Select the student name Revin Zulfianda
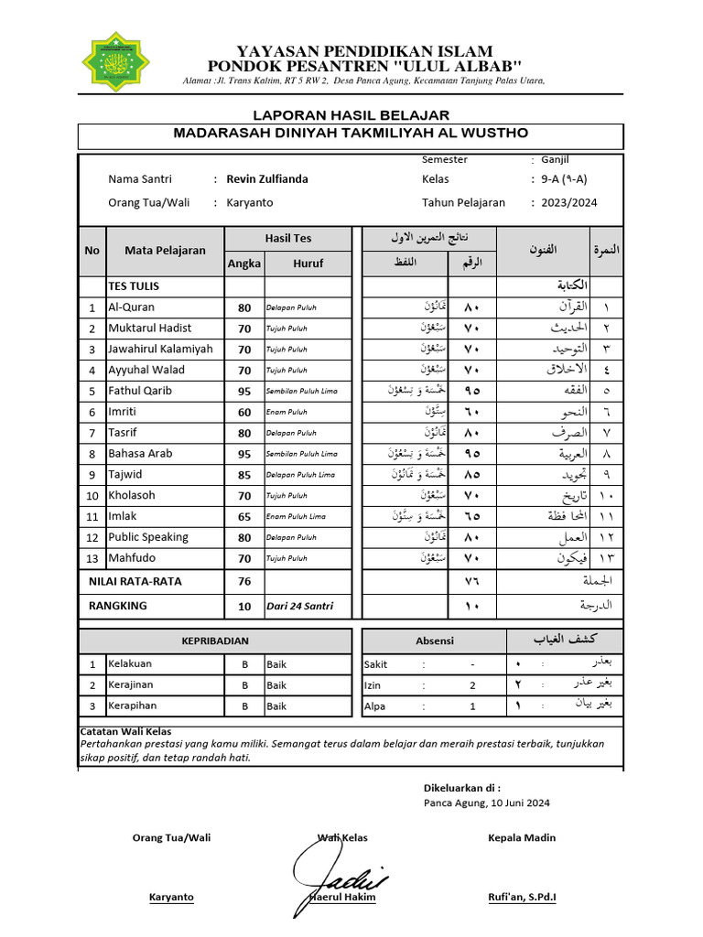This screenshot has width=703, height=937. tap(266, 179)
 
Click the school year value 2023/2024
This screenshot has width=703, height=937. tap(568, 203)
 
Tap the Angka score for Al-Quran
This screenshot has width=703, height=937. tap(244, 308)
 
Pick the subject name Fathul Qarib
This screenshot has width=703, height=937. tap(139, 391)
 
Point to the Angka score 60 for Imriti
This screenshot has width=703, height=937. tap(244, 413)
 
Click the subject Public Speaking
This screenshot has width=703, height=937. tap(147, 537)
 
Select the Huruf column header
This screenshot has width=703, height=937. tap(308, 264)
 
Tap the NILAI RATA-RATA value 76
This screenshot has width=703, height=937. tap(244, 581)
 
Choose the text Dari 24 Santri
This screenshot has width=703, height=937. tap(300, 606)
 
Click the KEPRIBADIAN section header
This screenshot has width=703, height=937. tap(214, 641)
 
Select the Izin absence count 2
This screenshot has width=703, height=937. tap(472, 684)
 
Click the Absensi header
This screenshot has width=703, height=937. tap(434, 641)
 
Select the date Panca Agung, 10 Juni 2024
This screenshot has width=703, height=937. tap(486, 803)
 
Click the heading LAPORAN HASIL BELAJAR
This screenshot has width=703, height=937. tap(351, 114)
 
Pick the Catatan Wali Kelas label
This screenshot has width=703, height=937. tap(125, 731)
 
